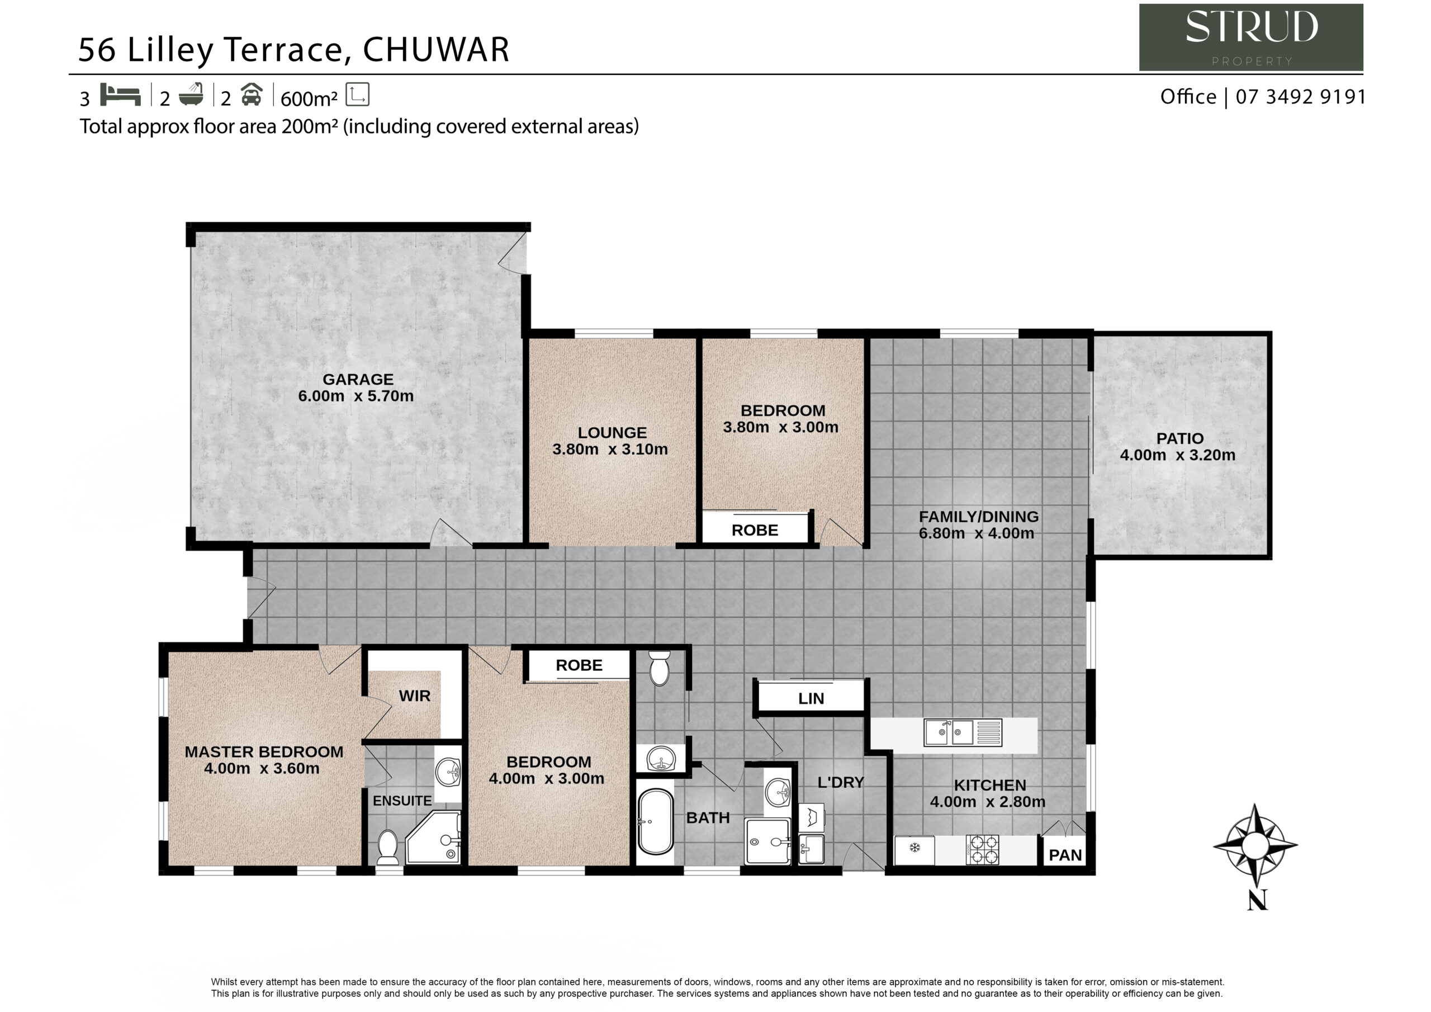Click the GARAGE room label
[x=358, y=379]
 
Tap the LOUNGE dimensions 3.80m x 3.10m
[x=610, y=449]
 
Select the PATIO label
[x=1180, y=438]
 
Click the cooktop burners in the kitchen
[x=982, y=850]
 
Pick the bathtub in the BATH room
[x=655, y=821]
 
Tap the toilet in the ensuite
[x=388, y=847]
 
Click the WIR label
[x=414, y=696]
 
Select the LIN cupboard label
[x=811, y=699]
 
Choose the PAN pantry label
[x=1065, y=855]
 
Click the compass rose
[x=1256, y=845]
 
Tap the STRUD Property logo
[x=1251, y=37]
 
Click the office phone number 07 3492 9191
[x=1301, y=97]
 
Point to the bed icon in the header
[x=120, y=95]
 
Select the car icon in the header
[x=251, y=94]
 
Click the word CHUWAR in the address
[x=436, y=49]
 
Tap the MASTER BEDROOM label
[x=264, y=752]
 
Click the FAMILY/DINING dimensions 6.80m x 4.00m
[x=977, y=533]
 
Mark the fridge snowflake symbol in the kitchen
[x=914, y=848]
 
